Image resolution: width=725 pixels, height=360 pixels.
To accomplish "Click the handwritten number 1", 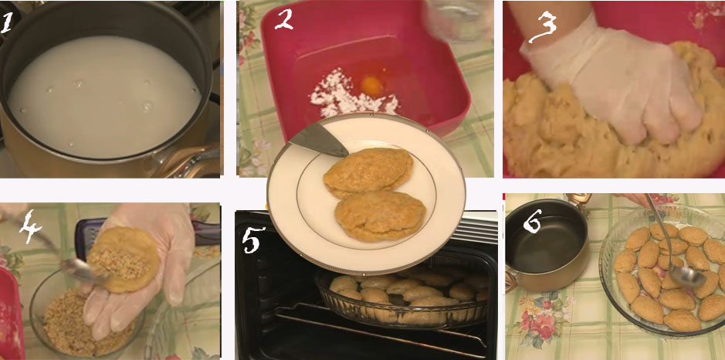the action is (x=7, y=23).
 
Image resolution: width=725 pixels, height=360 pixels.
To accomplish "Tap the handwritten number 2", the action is (x=283, y=19).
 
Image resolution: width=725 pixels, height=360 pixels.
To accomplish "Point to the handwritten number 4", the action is (x=29, y=226).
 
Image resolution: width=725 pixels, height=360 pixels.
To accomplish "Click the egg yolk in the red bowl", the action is (x=372, y=86).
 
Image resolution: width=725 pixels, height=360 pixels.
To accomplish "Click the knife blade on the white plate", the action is (x=319, y=140).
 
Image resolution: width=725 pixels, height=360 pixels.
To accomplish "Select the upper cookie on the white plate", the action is (x=368, y=172).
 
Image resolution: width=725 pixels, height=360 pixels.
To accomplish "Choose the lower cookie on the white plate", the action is (x=380, y=216).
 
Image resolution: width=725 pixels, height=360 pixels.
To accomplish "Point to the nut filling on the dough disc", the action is (x=110, y=263).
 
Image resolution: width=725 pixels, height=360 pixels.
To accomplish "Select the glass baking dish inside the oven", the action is (x=401, y=296).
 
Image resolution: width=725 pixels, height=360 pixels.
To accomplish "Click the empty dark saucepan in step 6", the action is (x=546, y=243).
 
